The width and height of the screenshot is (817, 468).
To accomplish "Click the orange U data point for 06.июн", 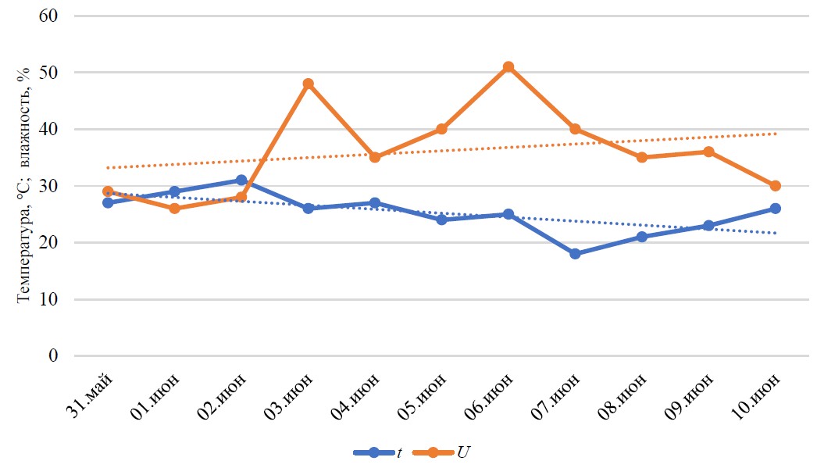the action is click(508, 66).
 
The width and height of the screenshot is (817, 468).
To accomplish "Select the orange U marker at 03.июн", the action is click(308, 84).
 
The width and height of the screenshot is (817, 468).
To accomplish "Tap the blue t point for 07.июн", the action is click(575, 254).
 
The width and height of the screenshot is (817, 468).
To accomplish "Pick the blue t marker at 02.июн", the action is click(241, 180).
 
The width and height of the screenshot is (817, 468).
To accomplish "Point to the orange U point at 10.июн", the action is click(776, 185).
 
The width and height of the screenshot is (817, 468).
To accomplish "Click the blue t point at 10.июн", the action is click(776, 209).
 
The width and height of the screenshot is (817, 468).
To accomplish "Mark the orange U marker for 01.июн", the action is click(174, 209).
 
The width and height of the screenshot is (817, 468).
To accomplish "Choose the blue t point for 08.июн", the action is click(642, 237).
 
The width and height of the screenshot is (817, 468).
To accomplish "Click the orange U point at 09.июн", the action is click(708, 152).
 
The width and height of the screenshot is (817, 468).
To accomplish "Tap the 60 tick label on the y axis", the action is click(48, 16).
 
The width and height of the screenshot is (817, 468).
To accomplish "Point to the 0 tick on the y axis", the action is click(53, 356).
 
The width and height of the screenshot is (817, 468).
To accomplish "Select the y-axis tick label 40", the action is click(48, 129).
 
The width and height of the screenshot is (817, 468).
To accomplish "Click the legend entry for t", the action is click(378, 452).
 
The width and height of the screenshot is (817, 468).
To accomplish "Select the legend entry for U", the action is click(441, 452).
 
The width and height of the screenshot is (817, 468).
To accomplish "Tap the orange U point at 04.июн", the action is click(375, 157).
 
